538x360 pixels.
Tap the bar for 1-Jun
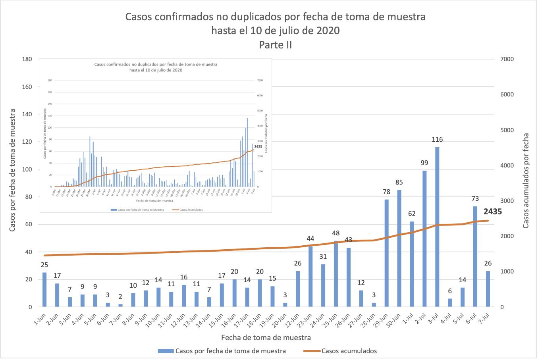(44, 290)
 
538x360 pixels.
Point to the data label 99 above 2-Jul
(424, 163)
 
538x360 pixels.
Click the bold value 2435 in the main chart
(492, 212)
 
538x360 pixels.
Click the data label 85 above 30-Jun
(399, 182)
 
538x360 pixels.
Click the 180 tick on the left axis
(27, 59)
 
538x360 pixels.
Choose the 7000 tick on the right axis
(506, 59)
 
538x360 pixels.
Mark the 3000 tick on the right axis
(506, 201)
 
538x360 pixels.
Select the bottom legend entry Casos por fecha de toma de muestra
(230, 351)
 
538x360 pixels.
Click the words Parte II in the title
(275, 45)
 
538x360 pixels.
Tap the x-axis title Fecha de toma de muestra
(266, 337)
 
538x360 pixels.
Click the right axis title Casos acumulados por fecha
(526, 181)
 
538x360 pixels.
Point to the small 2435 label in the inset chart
(258, 146)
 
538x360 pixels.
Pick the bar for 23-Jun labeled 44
(310, 277)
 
